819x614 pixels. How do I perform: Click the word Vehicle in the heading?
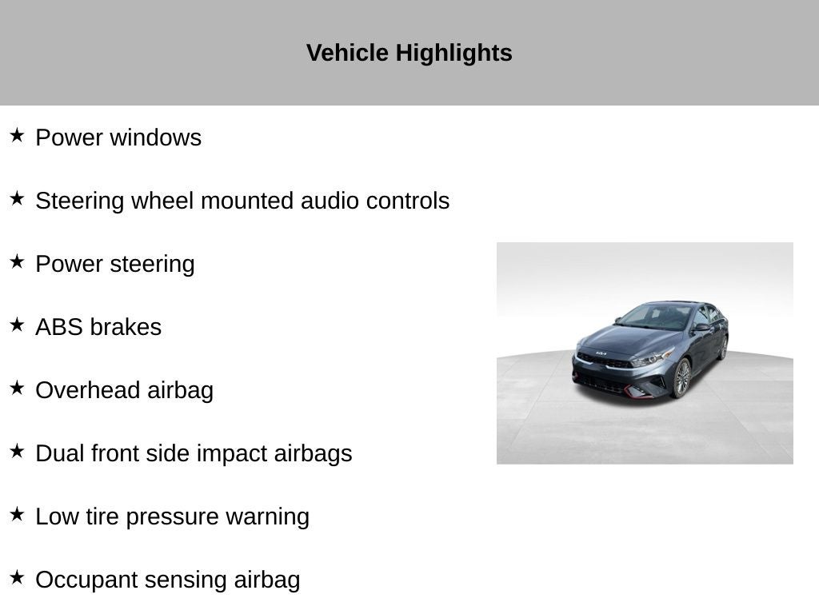point(347,53)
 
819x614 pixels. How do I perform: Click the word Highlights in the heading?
point(454,54)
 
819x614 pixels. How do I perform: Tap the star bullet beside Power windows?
point(17,135)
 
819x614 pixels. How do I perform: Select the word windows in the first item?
point(156,138)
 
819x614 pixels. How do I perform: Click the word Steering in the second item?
point(80,201)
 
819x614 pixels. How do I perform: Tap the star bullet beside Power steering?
point(17,261)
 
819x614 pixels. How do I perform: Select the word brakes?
point(126,327)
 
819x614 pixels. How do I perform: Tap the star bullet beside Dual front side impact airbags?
point(17,451)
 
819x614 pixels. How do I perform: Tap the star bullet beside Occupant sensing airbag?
point(17,577)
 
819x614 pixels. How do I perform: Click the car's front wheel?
point(681,377)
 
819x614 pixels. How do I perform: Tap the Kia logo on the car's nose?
point(601,353)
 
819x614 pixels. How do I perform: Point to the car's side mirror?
point(701,327)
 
